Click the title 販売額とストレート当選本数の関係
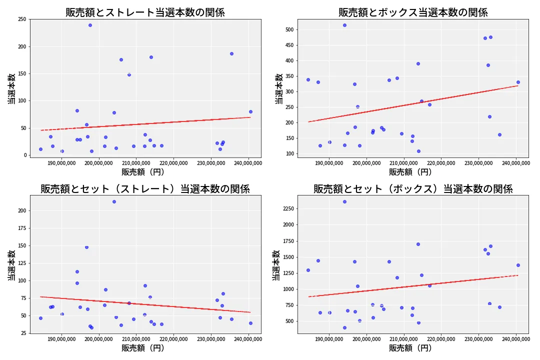click(x=145, y=12)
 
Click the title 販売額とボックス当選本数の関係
click(x=413, y=12)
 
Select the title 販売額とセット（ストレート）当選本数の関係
click(x=145, y=189)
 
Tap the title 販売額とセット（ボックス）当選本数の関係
click(x=413, y=189)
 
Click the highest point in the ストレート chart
click(x=90, y=25)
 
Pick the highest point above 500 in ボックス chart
click(x=344, y=25)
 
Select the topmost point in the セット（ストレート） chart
click(x=114, y=201)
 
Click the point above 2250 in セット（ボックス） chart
click(x=344, y=201)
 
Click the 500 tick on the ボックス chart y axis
click(x=289, y=29)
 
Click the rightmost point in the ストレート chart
click(x=250, y=111)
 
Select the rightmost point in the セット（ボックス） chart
click(x=518, y=265)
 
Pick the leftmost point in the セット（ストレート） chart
click(x=40, y=318)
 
